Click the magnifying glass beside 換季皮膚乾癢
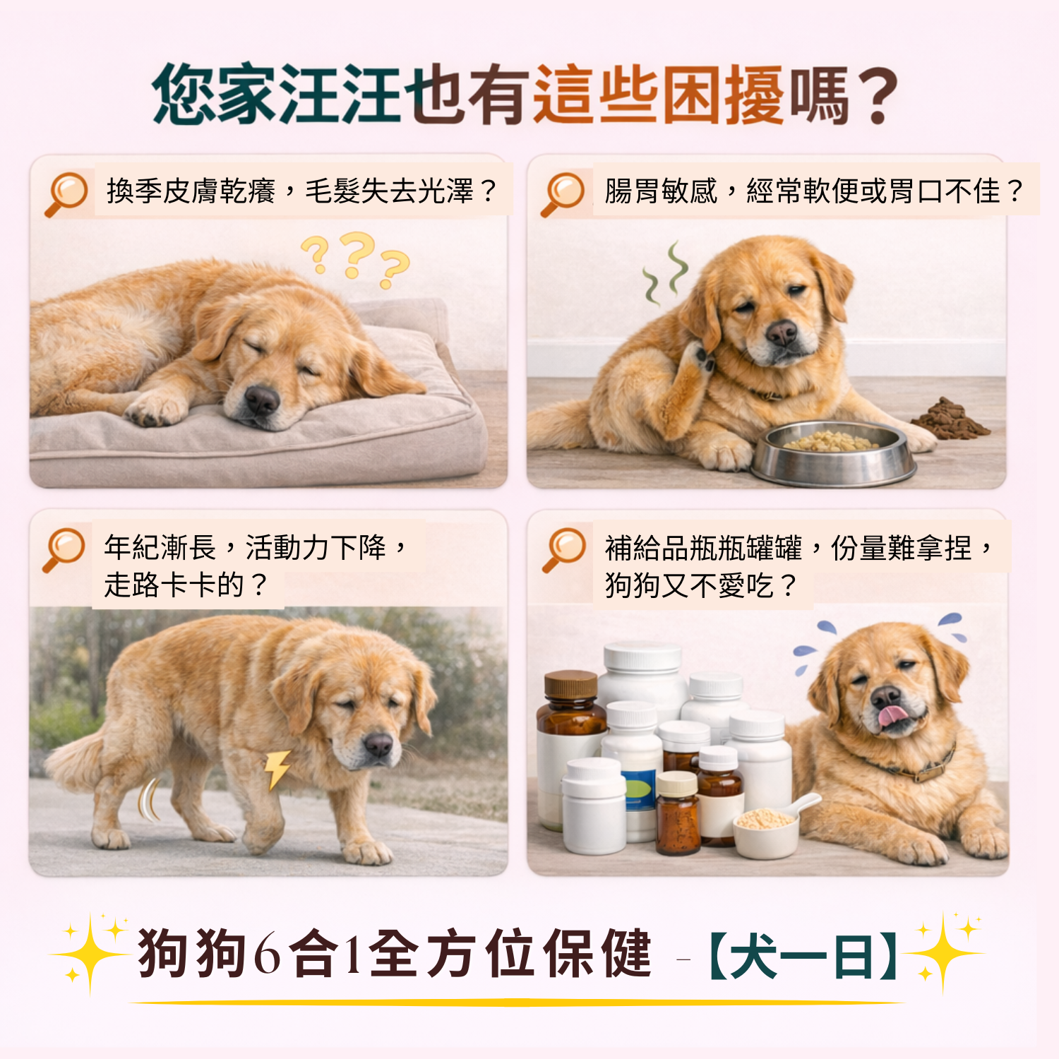[x=66, y=193]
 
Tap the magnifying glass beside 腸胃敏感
[x=563, y=193]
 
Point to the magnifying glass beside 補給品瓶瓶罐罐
[x=564, y=550]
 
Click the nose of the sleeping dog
[x=262, y=400]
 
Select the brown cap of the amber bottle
[x=571, y=684]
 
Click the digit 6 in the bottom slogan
[x=267, y=954]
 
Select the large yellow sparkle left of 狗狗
[x=90, y=954]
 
